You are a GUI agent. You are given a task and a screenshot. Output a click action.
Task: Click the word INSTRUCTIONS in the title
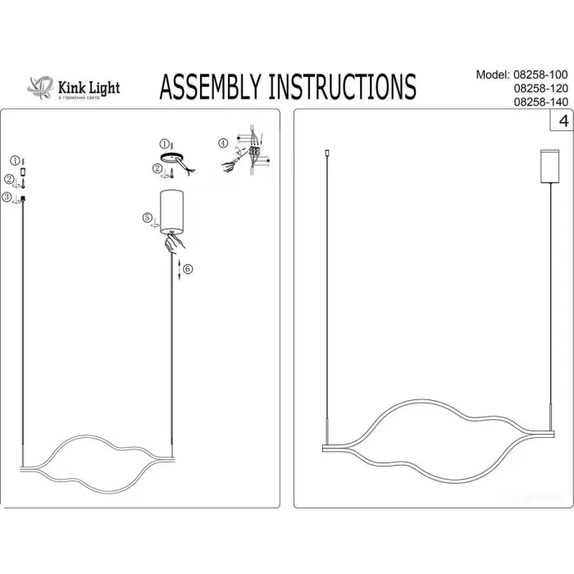point(344,85)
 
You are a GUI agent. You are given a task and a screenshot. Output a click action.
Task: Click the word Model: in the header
point(492,75)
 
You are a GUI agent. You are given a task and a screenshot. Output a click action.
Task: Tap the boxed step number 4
point(563,121)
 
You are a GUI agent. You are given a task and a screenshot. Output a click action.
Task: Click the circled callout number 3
point(7,198)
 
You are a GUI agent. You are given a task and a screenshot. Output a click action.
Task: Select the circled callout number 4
point(224,143)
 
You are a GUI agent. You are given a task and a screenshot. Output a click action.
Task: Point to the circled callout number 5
point(148,218)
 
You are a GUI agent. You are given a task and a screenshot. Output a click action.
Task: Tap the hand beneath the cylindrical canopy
point(173,241)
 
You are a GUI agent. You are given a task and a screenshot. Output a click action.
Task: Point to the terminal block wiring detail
point(255,153)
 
